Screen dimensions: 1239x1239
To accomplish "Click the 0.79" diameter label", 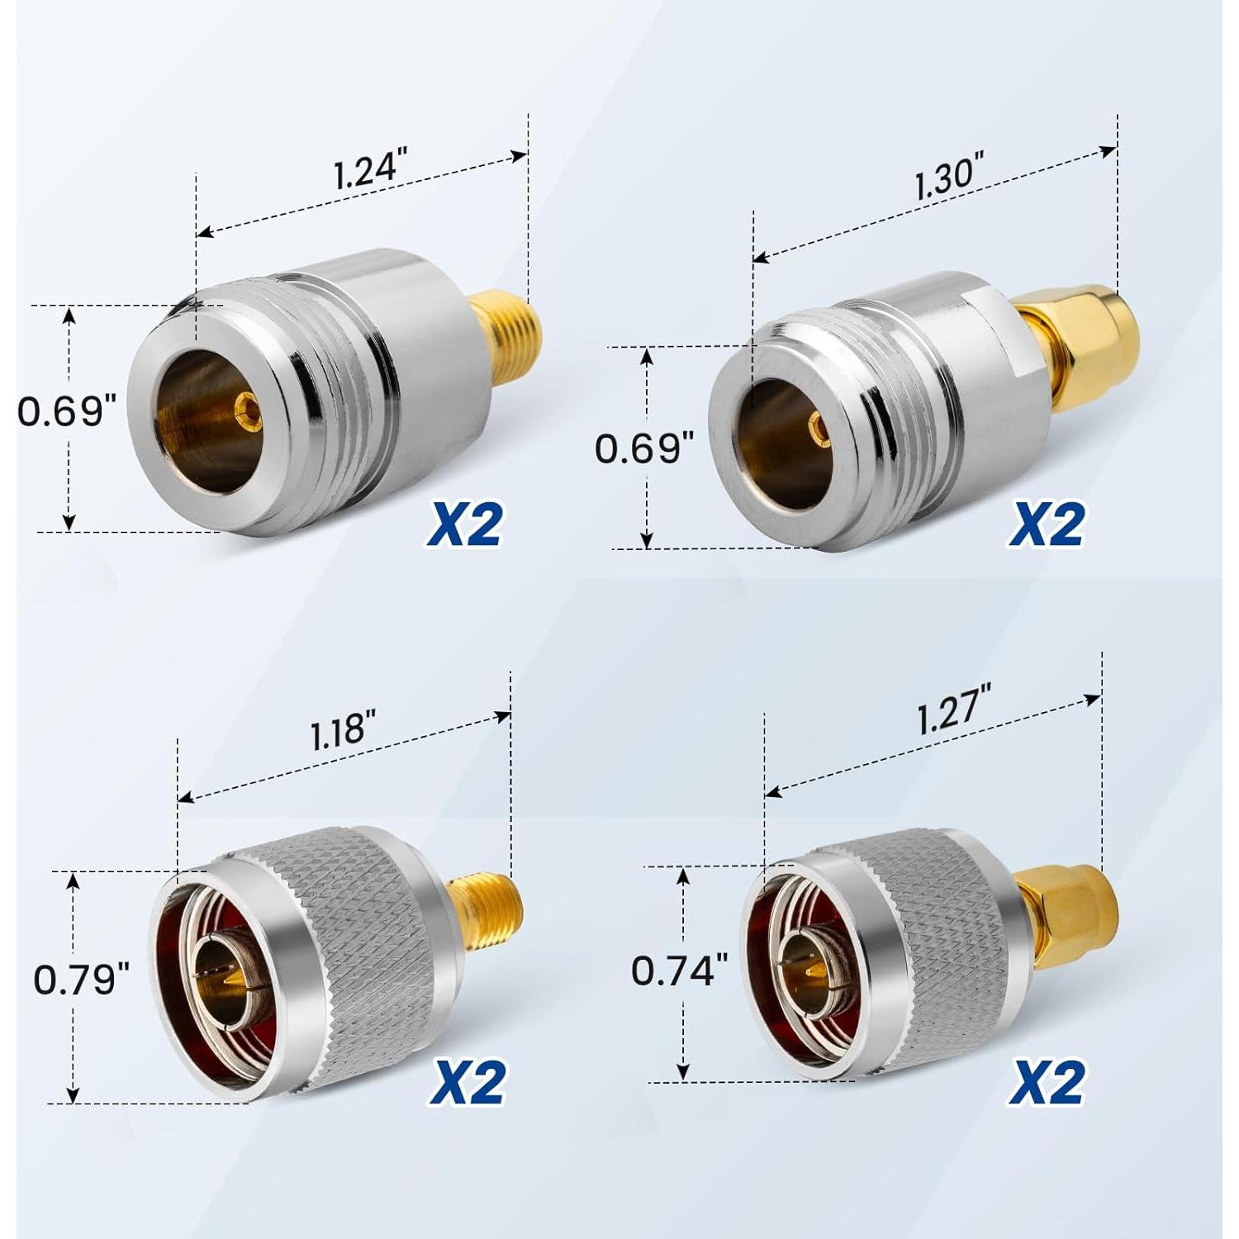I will coord(82,980).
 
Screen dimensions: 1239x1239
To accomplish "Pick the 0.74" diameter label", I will coord(679,970).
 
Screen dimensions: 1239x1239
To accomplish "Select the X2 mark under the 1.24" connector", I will coord(463,525).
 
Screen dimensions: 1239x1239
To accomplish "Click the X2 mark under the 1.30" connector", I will coord(1045,525).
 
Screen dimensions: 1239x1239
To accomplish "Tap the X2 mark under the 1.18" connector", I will coord(467,1081).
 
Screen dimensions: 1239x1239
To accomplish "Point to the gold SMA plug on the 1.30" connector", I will coord(1090,330).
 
